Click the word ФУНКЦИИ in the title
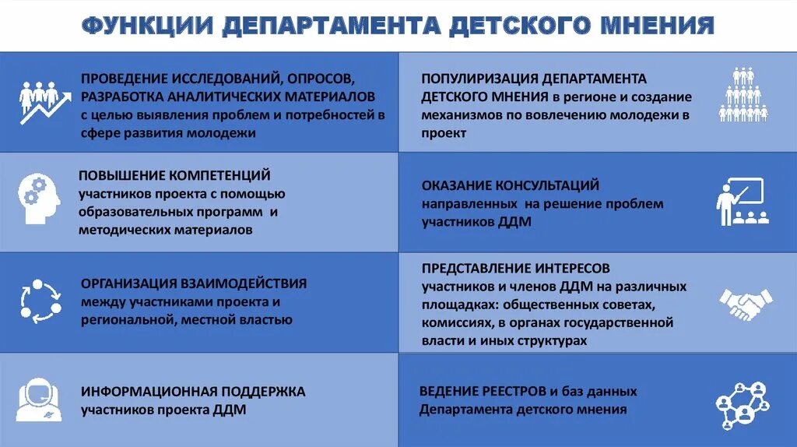coord(147,26)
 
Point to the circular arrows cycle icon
coord(40,299)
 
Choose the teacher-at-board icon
coord(743,202)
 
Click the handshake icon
coord(745,304)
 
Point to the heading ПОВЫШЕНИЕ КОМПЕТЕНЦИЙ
coord(174,175)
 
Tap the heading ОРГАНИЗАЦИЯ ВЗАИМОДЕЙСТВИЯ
coord(194,283)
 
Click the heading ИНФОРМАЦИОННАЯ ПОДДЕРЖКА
coord(193,391)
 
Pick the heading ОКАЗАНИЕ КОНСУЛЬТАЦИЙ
coord(511,185)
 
